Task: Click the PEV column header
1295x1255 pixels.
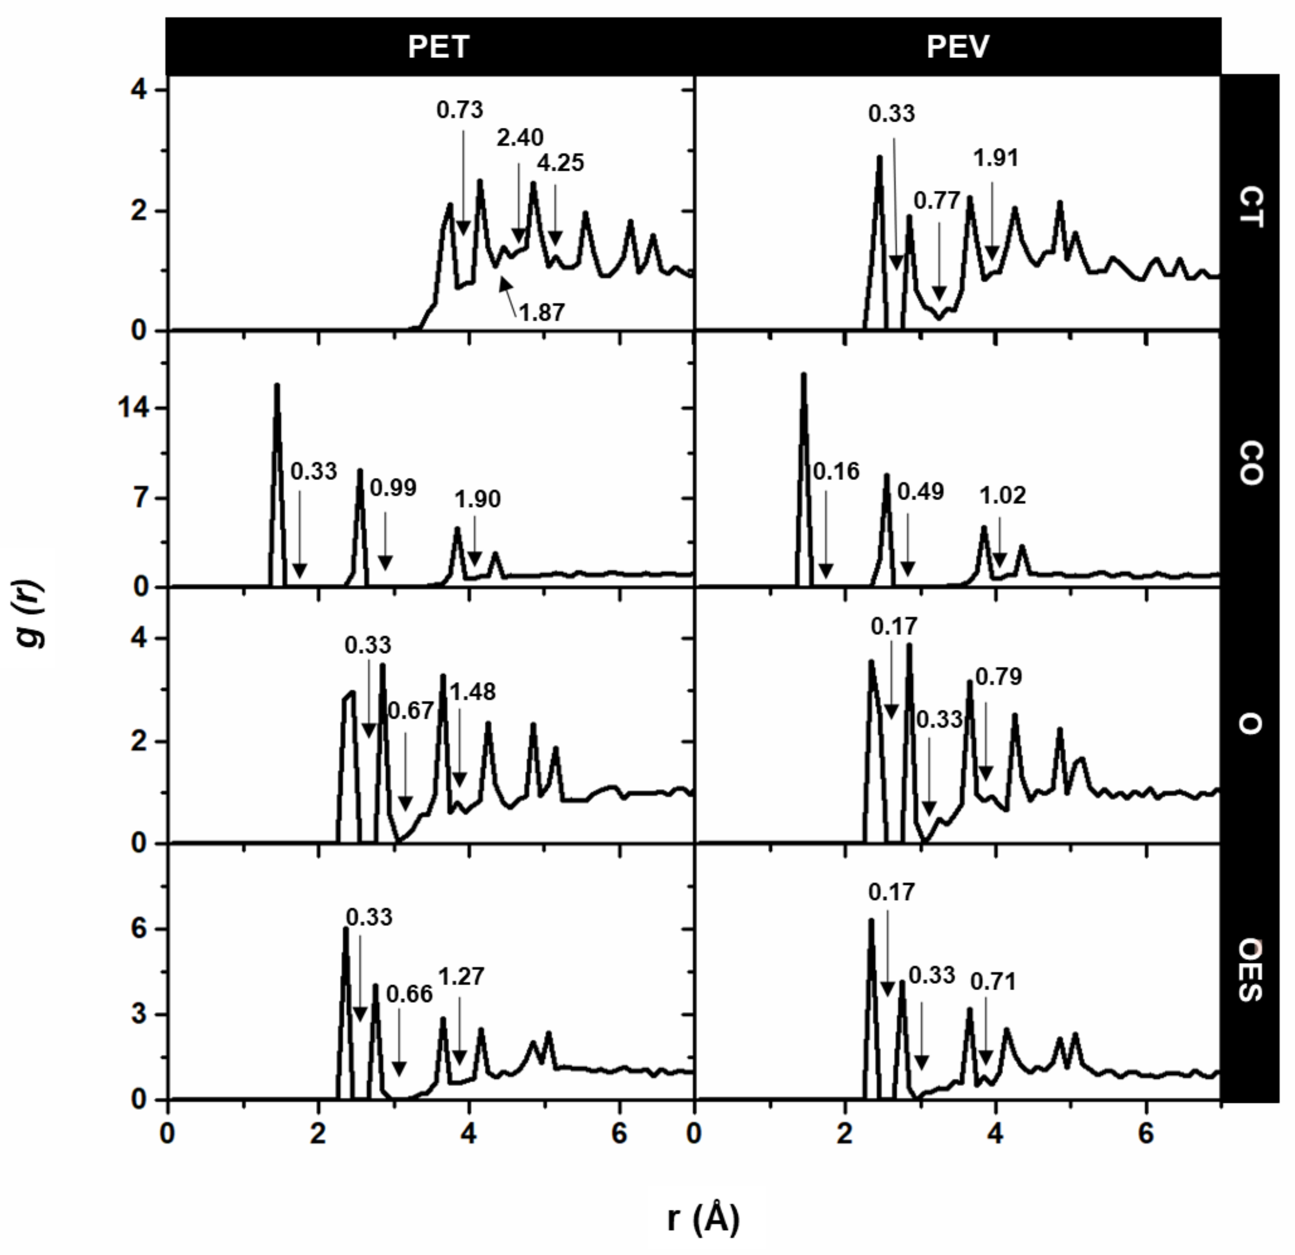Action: coord(958,47)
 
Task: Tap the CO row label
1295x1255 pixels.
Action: coord(1249,464)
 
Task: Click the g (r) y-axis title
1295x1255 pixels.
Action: coord(30,615)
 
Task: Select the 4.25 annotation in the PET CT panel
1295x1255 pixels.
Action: coord(560,163)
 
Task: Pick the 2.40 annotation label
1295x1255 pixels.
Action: coord(520,138)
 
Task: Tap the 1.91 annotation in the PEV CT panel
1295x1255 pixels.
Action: coord(996,158)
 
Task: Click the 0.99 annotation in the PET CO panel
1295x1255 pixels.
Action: coord(393,488)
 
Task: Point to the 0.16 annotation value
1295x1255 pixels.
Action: coord(836,471)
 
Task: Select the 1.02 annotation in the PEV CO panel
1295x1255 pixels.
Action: coord(1002,495)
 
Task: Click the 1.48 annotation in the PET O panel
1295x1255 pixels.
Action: coord(472,692)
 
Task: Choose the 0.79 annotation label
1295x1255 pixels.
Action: coord(998,676)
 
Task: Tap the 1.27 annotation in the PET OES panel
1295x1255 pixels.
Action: coord(461,976)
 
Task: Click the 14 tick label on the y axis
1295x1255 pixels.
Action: coord(133,408)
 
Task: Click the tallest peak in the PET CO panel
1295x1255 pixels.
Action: coord(277,386)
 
